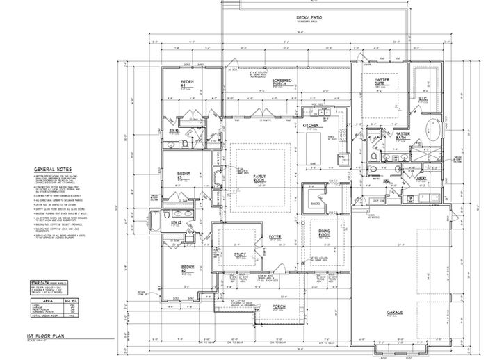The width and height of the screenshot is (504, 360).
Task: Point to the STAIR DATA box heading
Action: click(42, 284)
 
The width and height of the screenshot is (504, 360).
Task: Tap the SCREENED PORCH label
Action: click(282, 83)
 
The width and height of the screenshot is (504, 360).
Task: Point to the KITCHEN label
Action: click(309, 126)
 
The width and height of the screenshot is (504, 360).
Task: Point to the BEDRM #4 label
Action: click(186, 83)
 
